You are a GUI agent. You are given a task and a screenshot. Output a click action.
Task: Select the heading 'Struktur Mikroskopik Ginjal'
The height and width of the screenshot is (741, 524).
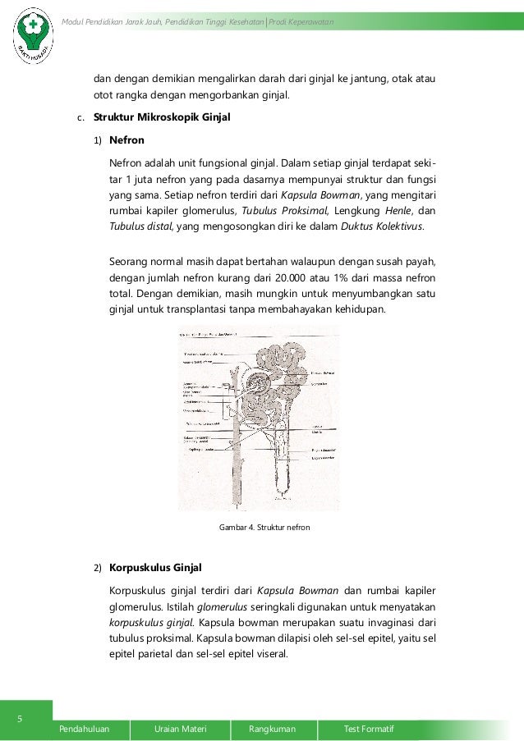(x=162, y=117)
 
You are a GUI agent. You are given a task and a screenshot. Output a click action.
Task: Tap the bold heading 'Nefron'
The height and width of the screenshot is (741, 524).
(x=126, y=140)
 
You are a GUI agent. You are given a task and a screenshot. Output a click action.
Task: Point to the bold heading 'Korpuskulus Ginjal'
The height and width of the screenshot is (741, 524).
(x=155, y=568)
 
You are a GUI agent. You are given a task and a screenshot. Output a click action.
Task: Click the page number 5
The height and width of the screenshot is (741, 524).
(x=21, y=720)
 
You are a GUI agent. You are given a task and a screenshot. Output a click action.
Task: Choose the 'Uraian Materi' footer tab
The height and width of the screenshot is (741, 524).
(x=180, y=729)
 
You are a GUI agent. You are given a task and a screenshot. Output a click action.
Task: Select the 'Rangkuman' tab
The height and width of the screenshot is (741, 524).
(x=272, y=729)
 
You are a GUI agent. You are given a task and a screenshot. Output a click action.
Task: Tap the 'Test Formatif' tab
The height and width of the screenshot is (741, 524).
(x=369, y=729)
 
